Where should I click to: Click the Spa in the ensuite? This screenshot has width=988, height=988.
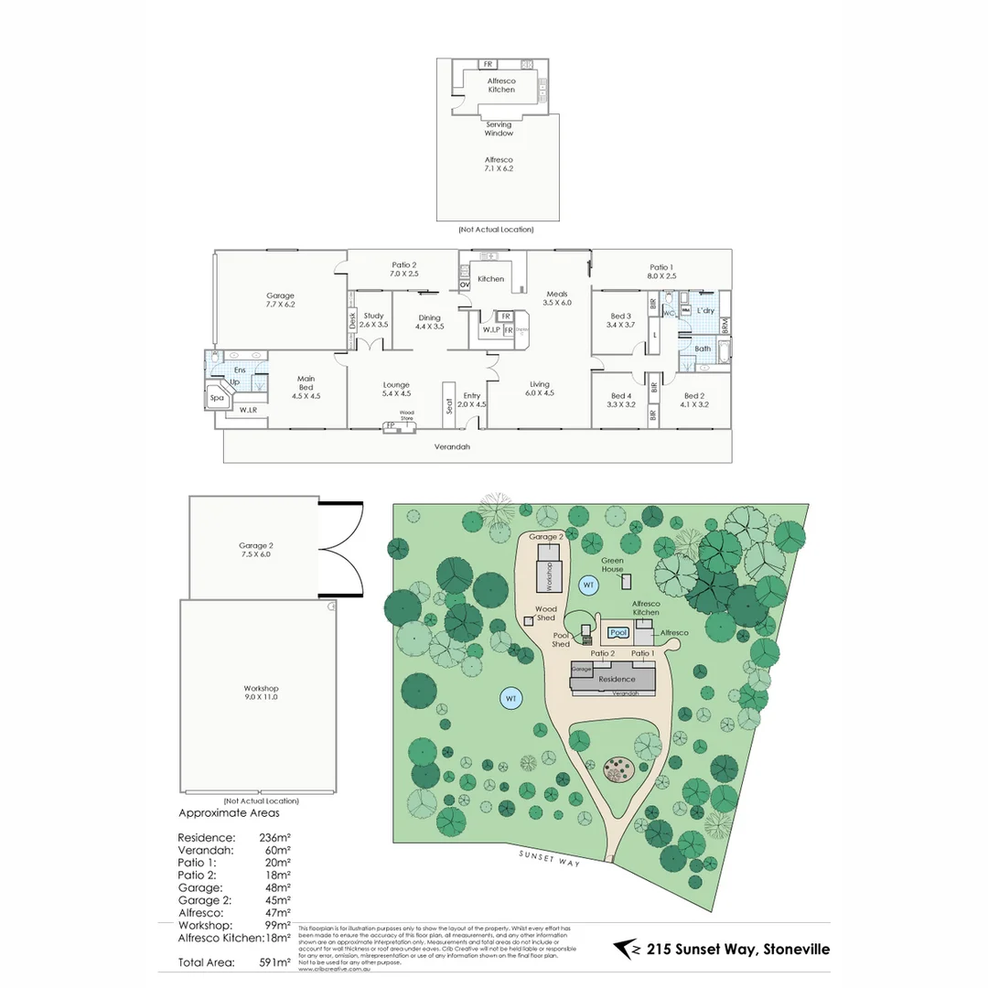pyautogui.click(x=218, y=398)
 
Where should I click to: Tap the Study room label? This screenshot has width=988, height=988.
pyautogui.click(x=373, y=320)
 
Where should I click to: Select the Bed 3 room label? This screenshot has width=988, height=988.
pyautogui.click(x=619, y=321)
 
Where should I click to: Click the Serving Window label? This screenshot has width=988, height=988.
pyautogui.click(x=499, y=129)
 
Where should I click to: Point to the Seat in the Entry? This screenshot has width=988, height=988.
pyautogui.click(x=449, y=403)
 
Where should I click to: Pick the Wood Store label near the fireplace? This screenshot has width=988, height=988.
pyautogui.click(x=406, y=416)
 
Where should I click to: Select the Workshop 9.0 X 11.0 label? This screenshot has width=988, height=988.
pyautogui.click(x=261, y=693)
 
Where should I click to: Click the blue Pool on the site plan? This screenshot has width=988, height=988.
pyautogui.click(x=619, y=632)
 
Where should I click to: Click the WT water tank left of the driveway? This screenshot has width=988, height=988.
pyautogui.click(x=511, y=699)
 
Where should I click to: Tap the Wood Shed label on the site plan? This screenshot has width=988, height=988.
pyautogui.click(x=546, y=613)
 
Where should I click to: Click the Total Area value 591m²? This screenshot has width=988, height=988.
pyautogui.click(x=276, y=961)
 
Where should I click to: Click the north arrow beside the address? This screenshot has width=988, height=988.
pyautogui.click(x=627, y=949)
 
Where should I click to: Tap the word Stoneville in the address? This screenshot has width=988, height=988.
pyautogui.click(x=793, y=949)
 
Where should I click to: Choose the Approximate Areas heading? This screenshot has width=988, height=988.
pyautogui.click(x=229, y=812)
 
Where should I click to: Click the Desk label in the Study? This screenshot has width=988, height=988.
pyautogui.click(x=352, y=320)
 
